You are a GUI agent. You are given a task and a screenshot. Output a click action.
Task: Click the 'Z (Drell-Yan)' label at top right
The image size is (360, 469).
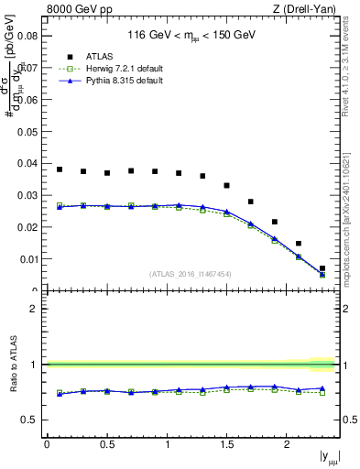(x=308, y=9)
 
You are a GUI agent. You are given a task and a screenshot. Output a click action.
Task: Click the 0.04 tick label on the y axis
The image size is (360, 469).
(x=28, y=163)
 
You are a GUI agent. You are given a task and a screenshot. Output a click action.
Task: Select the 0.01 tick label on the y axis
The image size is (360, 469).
(x=28, y=259)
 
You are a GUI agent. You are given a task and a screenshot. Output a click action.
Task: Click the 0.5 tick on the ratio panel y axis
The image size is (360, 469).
(x=30, y=420)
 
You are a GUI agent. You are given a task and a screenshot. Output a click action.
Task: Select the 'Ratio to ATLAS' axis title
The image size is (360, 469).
(x=10, y=364)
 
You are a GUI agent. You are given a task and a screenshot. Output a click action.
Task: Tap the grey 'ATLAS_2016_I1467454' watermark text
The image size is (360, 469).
(x=190, y=273)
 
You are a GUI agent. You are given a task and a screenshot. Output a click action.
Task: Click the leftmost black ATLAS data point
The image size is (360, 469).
(x=60, y=169)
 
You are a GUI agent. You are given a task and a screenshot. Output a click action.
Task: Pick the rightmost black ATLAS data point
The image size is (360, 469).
(x=322, y=268)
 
